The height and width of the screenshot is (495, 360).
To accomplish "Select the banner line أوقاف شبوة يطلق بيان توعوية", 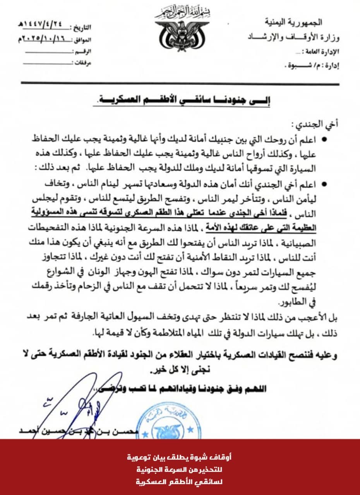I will (180, 457).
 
